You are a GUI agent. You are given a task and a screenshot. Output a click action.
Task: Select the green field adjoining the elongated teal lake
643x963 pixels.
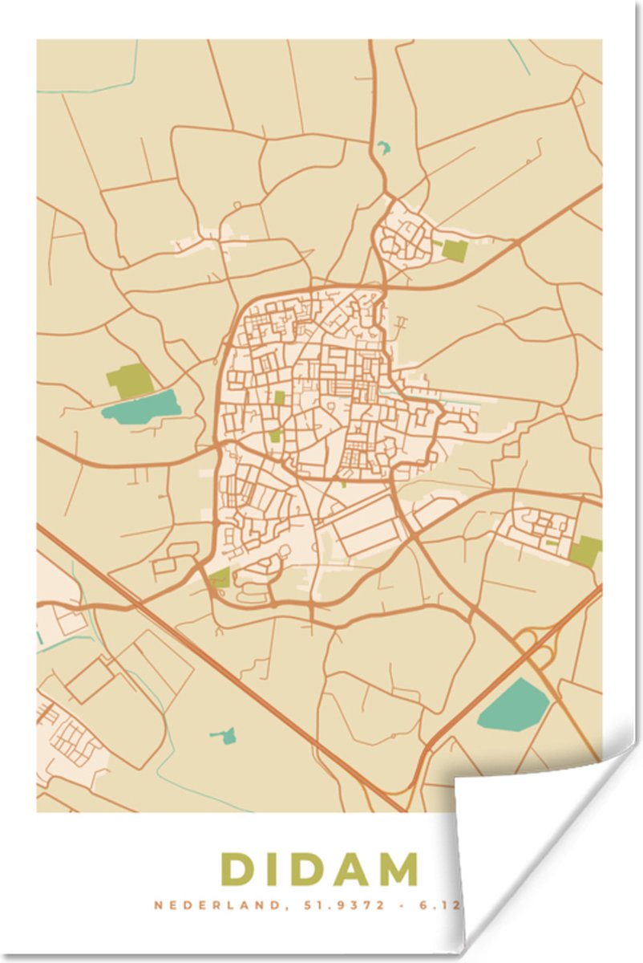coord(129,380)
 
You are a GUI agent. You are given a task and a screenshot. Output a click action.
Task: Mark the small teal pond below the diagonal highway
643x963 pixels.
coord(227,734)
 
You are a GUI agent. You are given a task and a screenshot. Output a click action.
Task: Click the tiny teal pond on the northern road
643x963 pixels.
coord(382,148)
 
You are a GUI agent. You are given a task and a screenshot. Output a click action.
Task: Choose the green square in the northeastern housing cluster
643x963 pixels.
coord(454,250)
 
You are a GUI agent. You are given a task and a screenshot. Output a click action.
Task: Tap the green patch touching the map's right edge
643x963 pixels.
coord(586,551)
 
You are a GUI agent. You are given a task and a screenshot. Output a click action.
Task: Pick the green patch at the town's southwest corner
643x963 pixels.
coord(220,577)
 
